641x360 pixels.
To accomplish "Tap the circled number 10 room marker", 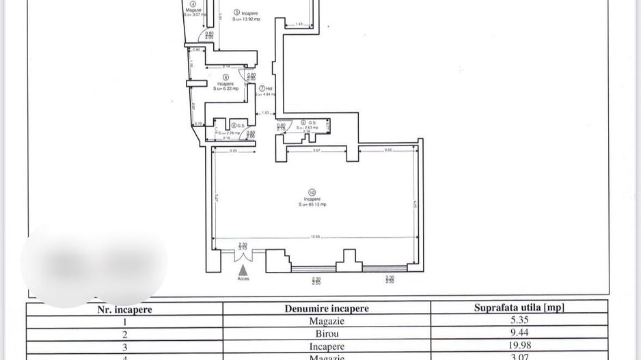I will click(x=312, y=193).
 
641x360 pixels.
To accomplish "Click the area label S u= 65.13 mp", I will click(x=312, y=204).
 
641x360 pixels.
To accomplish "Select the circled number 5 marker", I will click(x=236, y=12).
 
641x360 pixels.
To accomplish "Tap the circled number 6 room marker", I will click(x=226, y=77).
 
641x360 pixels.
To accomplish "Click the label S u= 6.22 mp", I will click(x=226, y=88).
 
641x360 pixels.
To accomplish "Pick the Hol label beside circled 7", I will click(x=269, y=88).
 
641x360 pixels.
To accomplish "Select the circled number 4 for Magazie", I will click(x=193, y=3).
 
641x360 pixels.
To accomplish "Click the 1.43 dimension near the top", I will click(x=299, y=24).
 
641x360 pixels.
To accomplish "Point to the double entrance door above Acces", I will click(x=243, y=255).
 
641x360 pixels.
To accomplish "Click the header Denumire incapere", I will click(x=327, y=308).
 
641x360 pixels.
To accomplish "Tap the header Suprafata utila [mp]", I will click(x=519, y=307).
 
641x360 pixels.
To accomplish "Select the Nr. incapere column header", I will click(x=124, y=309).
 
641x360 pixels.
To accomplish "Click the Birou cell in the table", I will click(x=327, y=334).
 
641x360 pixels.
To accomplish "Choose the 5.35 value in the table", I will click(x=519, y=321).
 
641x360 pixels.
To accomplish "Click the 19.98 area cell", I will click(x=519, y=347).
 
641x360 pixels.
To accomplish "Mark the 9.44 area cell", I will click(x=519, y=334).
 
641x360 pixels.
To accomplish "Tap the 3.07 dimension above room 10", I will click(x=316, y=149).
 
